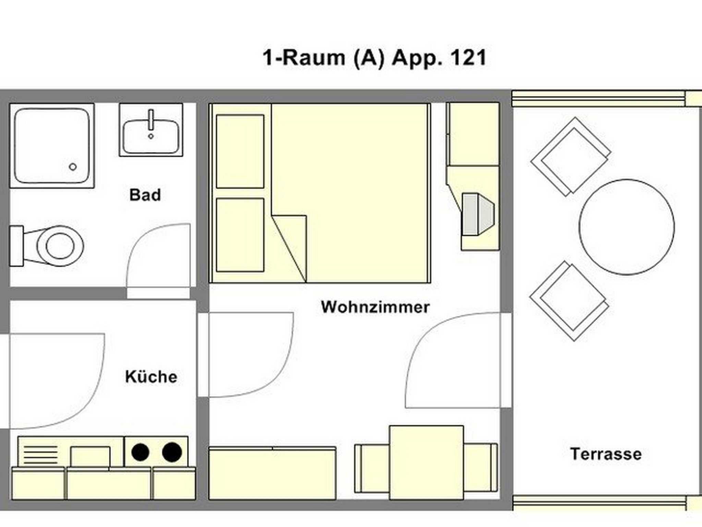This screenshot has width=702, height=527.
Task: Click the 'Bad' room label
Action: [x=145, y=195]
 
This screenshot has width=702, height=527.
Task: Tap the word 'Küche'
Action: [x=151, y=376]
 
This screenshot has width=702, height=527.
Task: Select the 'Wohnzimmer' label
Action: [x=375, y=307]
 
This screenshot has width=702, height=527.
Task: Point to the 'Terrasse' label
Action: [x=606, y=454]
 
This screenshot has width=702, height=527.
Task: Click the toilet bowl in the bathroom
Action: [x=60, y=246]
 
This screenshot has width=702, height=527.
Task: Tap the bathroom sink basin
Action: [x=151, y=137]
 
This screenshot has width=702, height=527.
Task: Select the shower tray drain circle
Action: [x=73, y=167]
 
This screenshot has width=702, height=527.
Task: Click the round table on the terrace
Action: [x=627, y=227]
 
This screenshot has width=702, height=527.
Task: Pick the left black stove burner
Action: [x=141, y=452]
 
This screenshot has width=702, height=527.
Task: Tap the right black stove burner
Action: [x=172, y=452]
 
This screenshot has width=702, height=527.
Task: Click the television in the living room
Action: [x=478, y=214]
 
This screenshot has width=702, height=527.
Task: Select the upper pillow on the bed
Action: [x=240, y=151]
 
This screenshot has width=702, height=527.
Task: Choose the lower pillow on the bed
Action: [x=240, y=235]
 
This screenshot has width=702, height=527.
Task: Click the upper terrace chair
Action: [x=571, y=156]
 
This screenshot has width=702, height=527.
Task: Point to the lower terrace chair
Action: [x=569, y=301]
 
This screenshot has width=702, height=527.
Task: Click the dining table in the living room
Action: [x=426, y=462]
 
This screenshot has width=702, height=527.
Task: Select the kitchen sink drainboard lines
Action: [x=40, y=454]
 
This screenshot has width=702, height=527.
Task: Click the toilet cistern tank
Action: [x=16, y=246]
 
